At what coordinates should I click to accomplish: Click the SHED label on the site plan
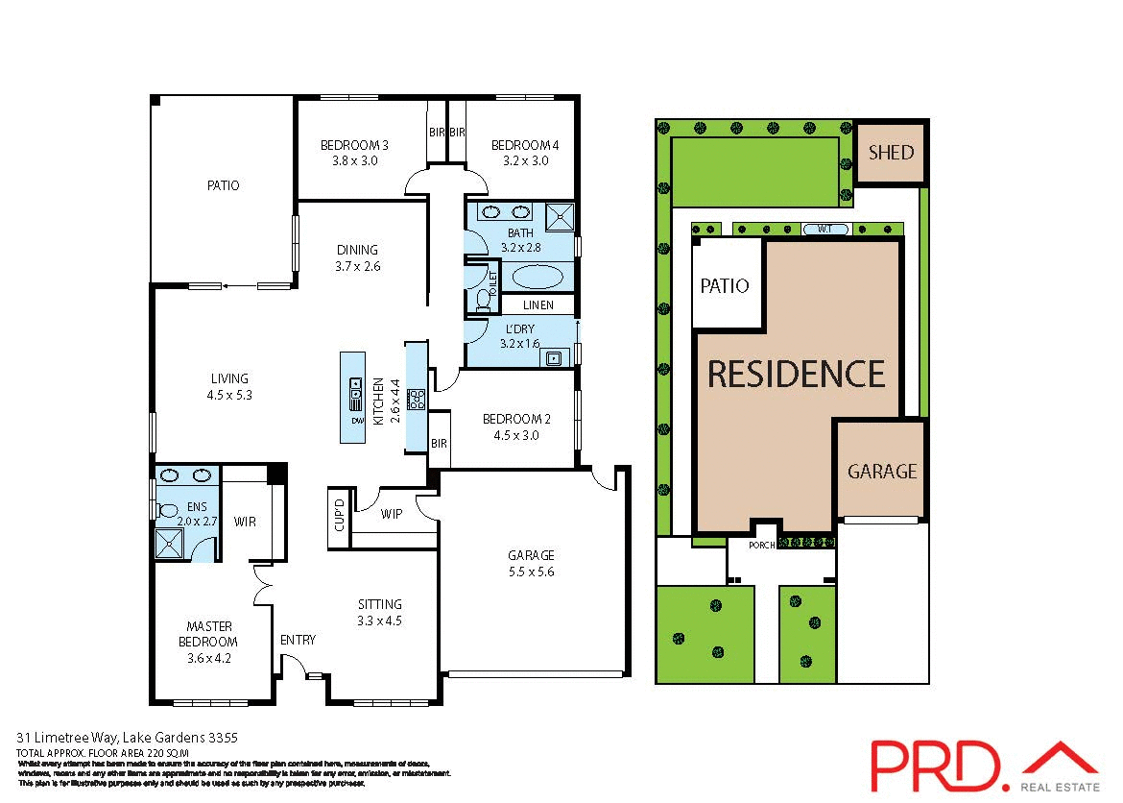[x=891, y=153]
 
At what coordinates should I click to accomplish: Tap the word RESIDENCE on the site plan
[x=796, y=374]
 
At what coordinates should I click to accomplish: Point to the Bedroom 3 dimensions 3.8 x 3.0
[x=354, y=161]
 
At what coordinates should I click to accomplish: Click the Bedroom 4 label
[x=524, y=146]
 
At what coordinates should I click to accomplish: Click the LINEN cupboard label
[x=538, y=305]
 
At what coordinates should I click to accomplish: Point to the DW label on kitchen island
[x=355, y=422]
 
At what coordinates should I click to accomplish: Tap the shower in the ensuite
[x=171, y=544]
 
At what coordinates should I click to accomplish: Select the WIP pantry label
[x=391, y=514]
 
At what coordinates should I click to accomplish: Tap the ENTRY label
[x=298, y=640]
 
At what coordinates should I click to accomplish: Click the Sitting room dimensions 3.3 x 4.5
[x=379, y=620]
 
